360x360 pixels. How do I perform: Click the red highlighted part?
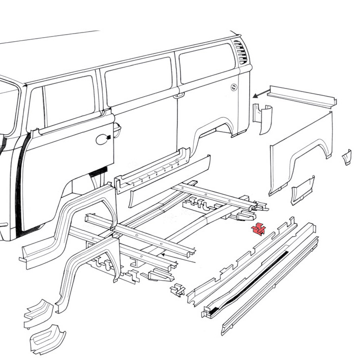click(259, 230)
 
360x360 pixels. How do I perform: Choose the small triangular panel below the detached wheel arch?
click(303, 190)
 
